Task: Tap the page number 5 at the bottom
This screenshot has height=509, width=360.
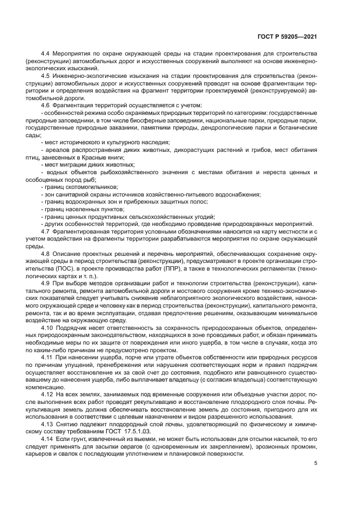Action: pyautogui.click(x=316, y=463)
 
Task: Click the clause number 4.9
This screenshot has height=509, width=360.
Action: pyautogui.click(x=46, y=283)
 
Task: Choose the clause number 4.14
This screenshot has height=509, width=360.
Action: pyautogui.click(x=47, y=438)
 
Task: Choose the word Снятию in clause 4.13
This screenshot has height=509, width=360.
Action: pyautogui.click(x=68, y=423)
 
